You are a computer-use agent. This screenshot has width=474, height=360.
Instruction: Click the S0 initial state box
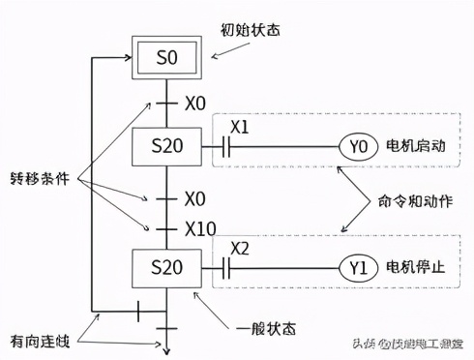tap(166, 57)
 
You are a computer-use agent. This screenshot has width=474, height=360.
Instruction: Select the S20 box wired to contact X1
tap(166, 147)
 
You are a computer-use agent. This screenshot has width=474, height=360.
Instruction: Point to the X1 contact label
tap(239, 127)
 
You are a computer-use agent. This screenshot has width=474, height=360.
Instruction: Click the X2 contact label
tap(239, 247)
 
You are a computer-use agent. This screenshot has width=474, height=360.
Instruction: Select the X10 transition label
tap(200, 228)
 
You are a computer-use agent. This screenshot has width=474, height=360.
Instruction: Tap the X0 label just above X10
tap(194, 198)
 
